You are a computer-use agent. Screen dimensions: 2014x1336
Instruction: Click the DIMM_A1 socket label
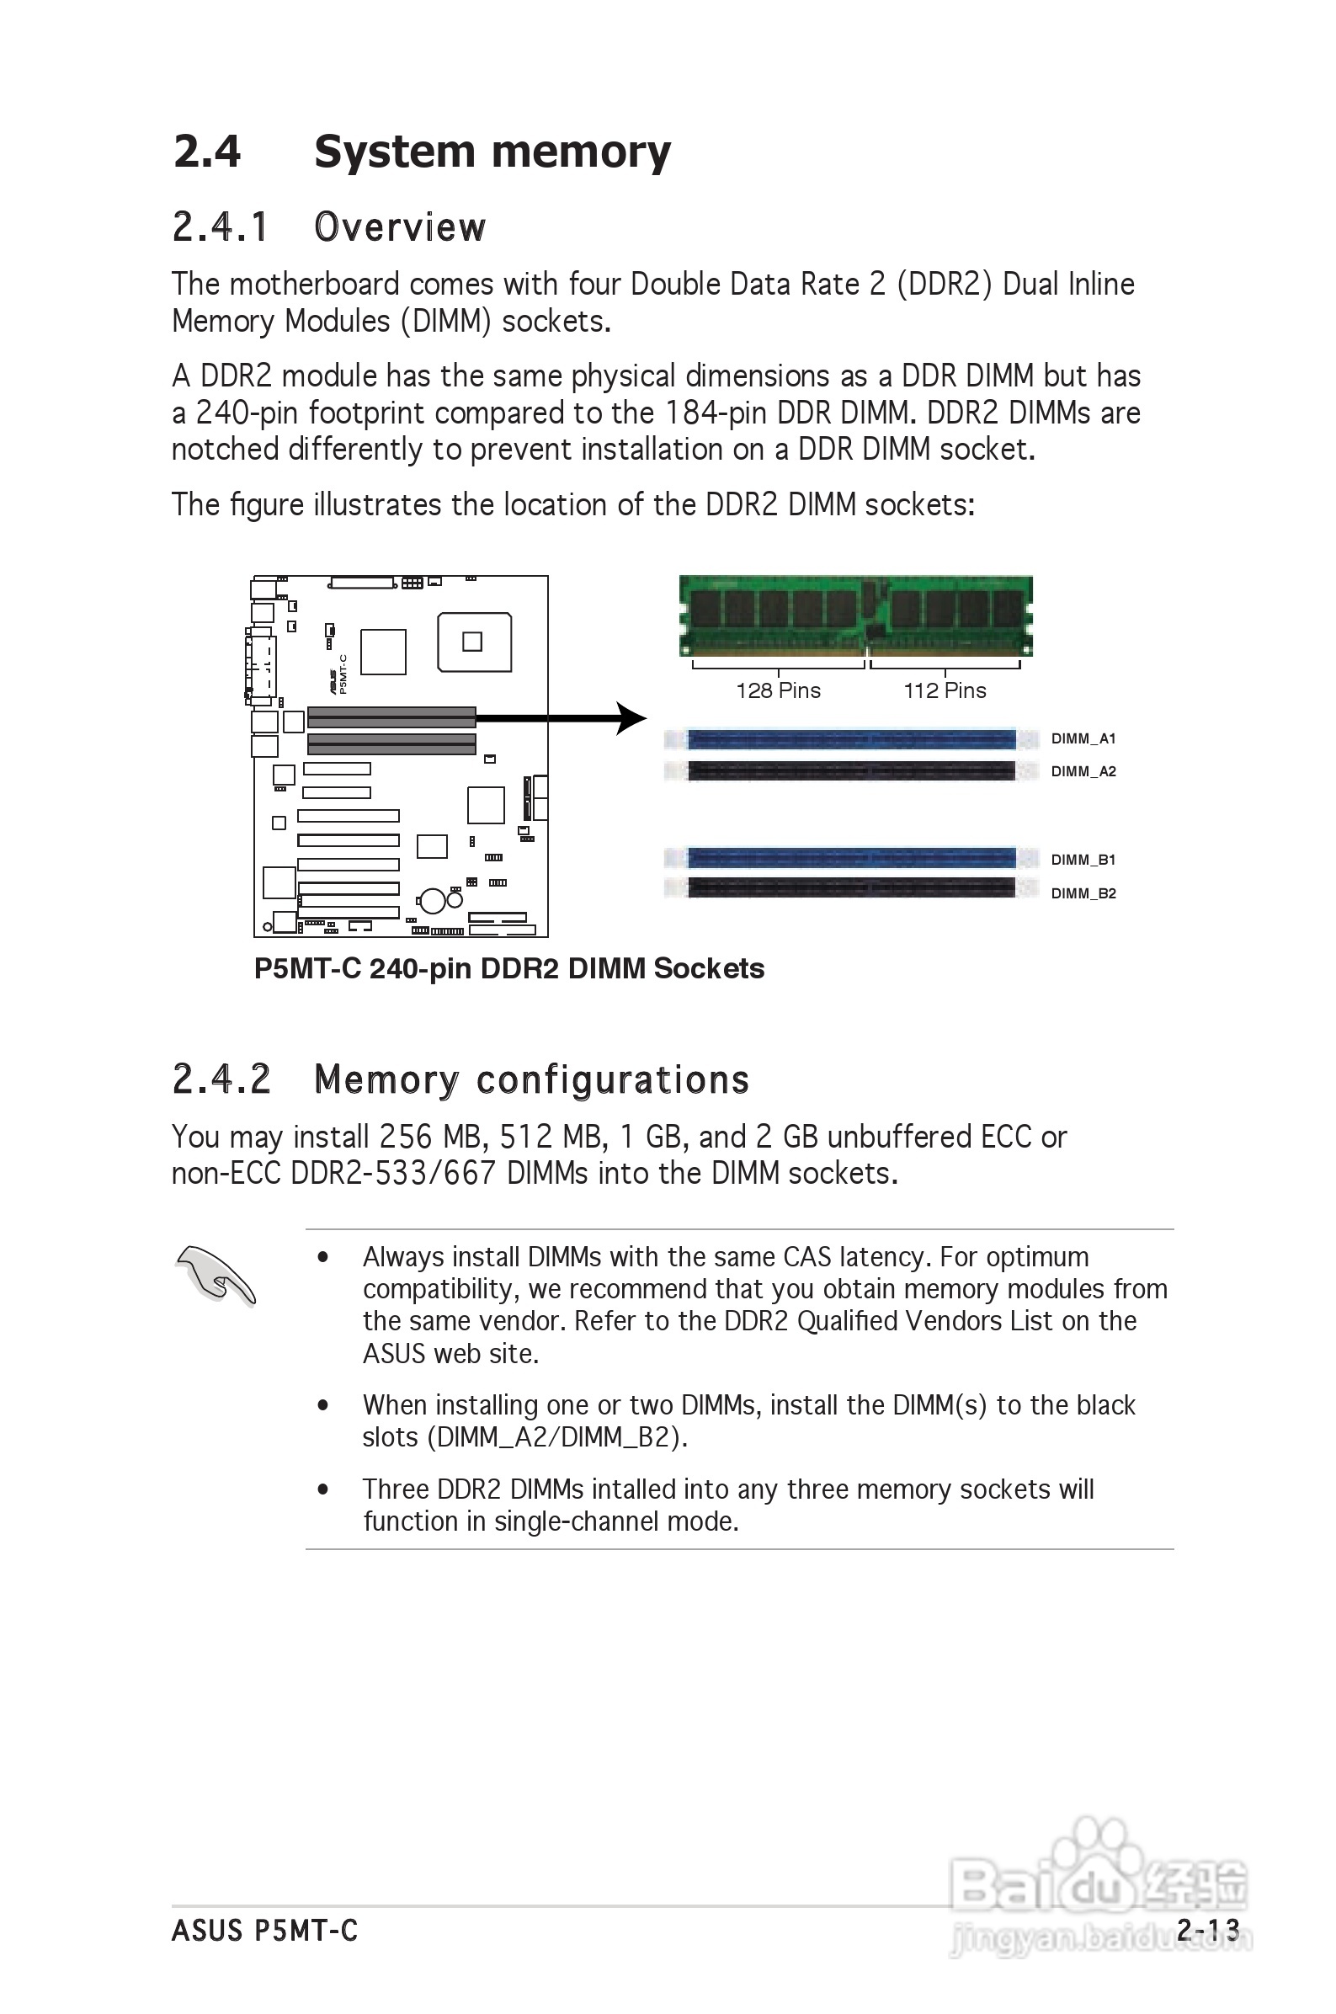(x=1083, y=738)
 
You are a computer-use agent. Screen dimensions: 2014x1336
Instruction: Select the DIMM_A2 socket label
(x=1083, y=771)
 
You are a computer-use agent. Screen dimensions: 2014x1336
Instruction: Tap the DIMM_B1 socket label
(x=1083, y=860)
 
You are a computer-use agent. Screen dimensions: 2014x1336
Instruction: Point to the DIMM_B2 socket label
(x=1083, y=892)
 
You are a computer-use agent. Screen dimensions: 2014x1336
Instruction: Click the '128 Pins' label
(x=778, y=690)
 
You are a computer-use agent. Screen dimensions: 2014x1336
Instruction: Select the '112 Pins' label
(x=944, y=690)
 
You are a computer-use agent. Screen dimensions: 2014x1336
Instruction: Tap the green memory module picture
(x=855, y=615)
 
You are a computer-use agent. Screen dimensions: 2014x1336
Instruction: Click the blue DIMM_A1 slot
(x=851, y=738)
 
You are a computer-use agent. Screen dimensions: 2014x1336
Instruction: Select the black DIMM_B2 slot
(x=851, y=887)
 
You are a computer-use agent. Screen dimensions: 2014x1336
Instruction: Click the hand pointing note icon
(x=215, y=1276)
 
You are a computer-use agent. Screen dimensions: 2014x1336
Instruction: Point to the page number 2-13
(x=1207, y=1929)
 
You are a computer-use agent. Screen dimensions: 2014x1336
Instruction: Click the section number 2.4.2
(x=221, y=1079)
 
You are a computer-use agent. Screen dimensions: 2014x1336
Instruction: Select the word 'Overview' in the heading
(x=400, y=227)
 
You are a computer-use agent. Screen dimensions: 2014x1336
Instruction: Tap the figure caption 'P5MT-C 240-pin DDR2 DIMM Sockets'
(x=508, y=968)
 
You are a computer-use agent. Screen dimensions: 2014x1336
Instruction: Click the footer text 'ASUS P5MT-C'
(x=264, y=1930)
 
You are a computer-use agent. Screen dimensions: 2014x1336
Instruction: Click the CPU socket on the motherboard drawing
(x=474, y=641)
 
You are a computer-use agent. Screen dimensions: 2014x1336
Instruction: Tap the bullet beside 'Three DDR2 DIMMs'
(x=323, y=1489)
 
